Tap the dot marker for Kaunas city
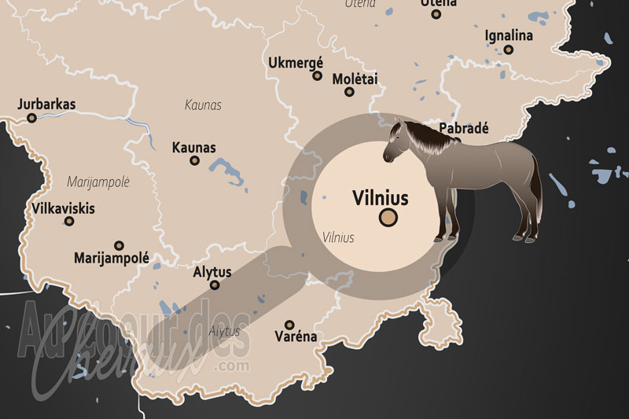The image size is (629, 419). click(x=195, y=160)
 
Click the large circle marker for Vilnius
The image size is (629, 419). click(x=388, y=218)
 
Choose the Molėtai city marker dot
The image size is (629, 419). click(x=349, y=92)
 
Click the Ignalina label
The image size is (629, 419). click(x=509, y=35)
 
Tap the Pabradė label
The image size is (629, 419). click(x=464, y=128)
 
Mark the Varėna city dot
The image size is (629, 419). click(x=289, y=324)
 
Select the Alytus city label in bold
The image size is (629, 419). click(x=212, y=272)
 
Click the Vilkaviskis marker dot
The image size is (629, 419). click(x=69, y=222)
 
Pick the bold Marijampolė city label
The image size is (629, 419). click(x=111, y=258)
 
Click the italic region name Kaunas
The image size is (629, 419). click(x=203, y=105)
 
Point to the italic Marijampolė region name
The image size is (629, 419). click(x=98, y=182)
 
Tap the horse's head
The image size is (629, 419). click(x=397, y=142)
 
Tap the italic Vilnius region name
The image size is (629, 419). click(x=338, y=237)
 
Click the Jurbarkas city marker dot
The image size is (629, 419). click(x=32, y=118)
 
